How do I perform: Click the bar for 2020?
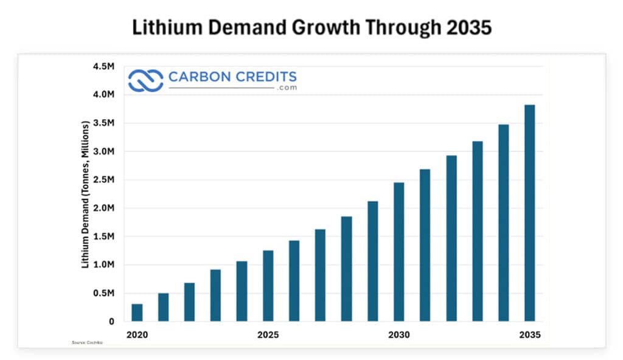pos(137,313)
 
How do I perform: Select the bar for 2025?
pos(268,286)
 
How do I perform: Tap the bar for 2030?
pos(399,252)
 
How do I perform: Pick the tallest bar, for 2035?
pos(530,213)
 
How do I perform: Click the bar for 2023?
pos(215,296)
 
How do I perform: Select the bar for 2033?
pos(478,231)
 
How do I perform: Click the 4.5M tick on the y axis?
pos(103,66)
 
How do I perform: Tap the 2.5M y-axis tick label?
pos(103,180)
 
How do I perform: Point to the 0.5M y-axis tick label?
pos(103,293)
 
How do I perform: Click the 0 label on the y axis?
pos(111,322)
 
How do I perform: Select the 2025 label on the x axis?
pos(268,335)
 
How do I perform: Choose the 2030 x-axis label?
pos(399,335)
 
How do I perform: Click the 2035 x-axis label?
pos(530,335)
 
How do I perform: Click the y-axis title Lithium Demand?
pos(86,195)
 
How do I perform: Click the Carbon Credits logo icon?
pos(145,80)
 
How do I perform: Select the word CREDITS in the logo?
pos(265,77)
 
